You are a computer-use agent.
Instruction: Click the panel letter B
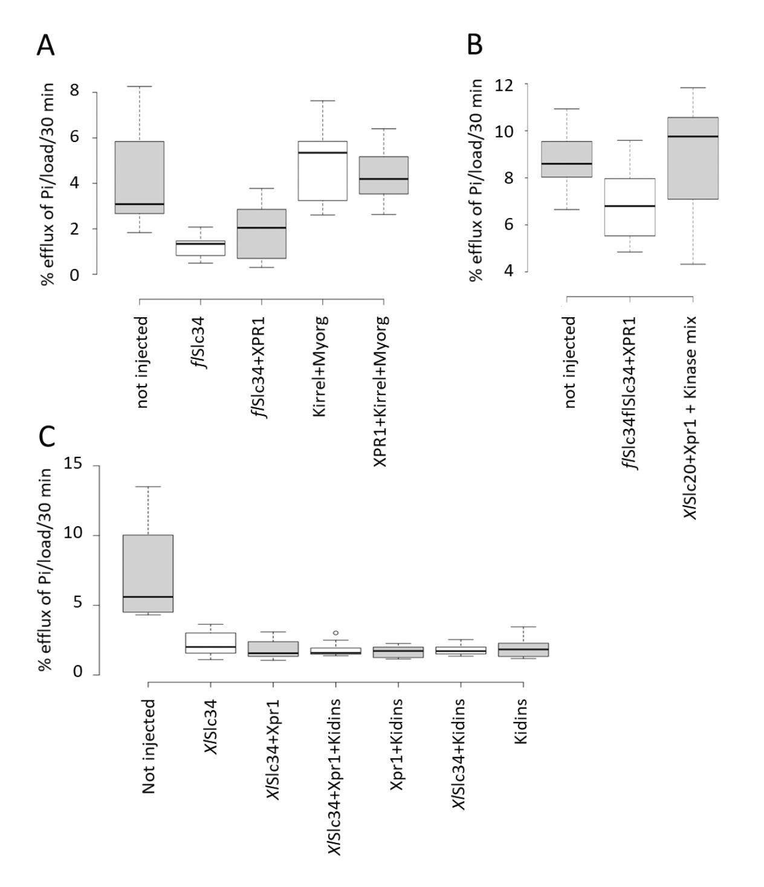[x=474, y=44]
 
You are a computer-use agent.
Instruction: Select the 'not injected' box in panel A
[x=140, y=177]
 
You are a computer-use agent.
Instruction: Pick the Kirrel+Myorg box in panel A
[x=322, y=171]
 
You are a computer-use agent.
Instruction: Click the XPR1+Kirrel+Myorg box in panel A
[x=383, y=175]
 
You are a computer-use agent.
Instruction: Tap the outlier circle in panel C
[x=335, y=633]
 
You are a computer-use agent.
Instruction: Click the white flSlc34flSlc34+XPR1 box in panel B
[x=630, y=207]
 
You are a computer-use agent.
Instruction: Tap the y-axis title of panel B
[x=476, y=180]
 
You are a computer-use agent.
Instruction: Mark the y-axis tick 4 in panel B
[x=509, y=271]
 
